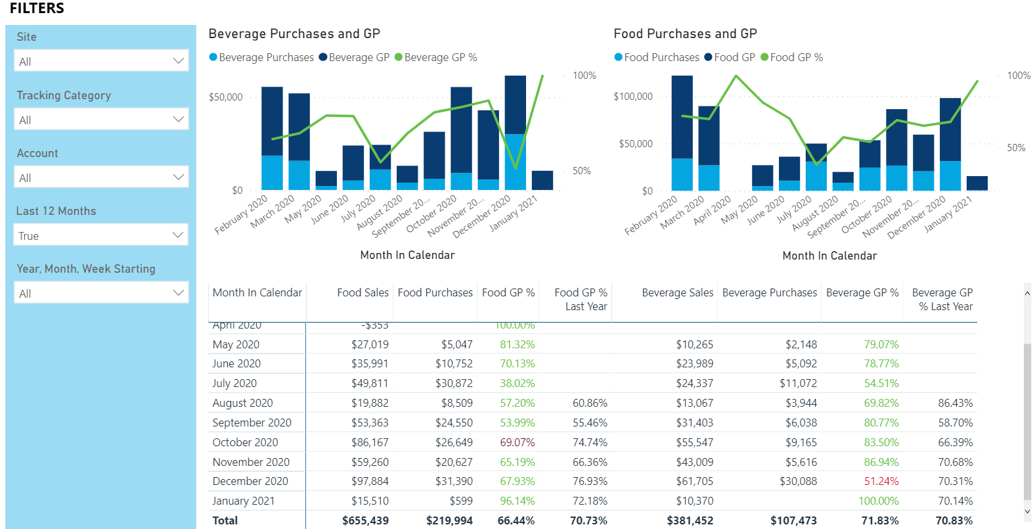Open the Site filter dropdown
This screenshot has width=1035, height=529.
coord(101,61)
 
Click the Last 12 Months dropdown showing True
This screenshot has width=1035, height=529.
coord(101,235)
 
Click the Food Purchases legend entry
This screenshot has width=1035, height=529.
coord(661,58)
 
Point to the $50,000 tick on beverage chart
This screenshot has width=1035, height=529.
coord(226,97)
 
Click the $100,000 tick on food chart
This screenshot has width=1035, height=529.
coord(633,97)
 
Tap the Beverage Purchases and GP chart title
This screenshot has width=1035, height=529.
coord(294,34)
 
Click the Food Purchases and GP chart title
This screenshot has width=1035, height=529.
coord(685,34)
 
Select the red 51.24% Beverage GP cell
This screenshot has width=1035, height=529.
coord(881,481)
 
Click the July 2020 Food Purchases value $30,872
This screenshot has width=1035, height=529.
coord(454,383)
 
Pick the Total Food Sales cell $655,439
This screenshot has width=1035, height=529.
coord(365,520)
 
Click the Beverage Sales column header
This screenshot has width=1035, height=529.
coord(677,292)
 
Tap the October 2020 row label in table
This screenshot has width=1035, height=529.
coord(245,442)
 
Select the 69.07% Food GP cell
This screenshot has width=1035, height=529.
coord(517,442)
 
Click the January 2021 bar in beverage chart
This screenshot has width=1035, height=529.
coord(542,181)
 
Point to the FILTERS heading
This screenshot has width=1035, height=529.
coord(37,9)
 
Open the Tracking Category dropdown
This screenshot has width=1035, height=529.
coord(101,120)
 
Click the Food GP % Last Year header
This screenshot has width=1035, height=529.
coord(581,299)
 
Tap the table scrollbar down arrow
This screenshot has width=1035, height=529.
coord(1027,511)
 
